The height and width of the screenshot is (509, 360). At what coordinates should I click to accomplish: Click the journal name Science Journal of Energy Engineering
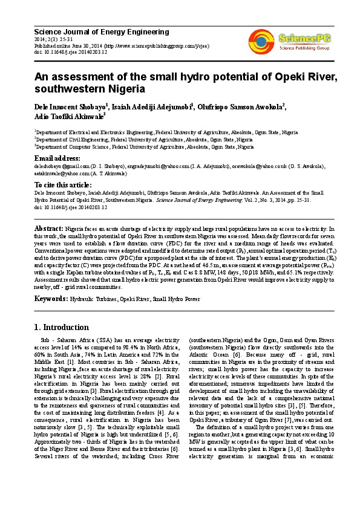point(101,32)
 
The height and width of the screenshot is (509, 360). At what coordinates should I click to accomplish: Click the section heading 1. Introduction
point(61,327)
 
